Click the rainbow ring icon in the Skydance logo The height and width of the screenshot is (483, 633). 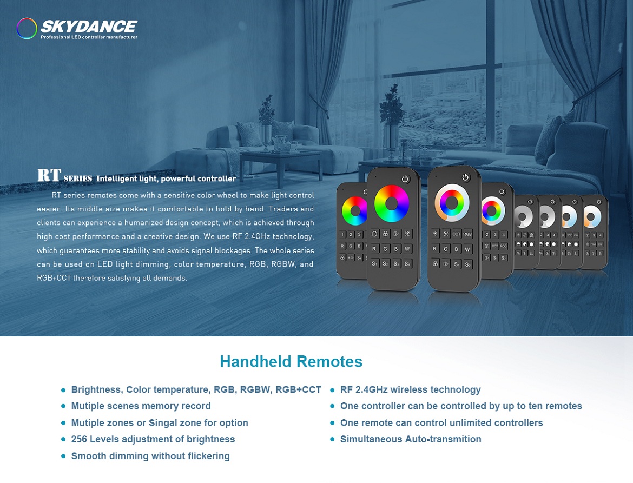coord(27,28)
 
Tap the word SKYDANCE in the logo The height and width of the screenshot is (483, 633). coord(89,27)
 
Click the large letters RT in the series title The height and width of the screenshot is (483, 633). coord(49,175)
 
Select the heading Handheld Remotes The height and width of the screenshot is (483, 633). coord(291,361)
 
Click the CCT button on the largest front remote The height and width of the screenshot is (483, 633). coord(457,234)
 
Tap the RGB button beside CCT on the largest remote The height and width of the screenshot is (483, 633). coord(467,234)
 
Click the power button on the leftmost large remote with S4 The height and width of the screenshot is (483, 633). coord(405,179)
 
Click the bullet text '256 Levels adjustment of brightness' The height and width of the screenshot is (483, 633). coord(153,439)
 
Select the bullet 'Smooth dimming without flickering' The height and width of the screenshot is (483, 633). coord(150,456)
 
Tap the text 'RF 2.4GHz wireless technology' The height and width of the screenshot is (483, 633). coord(410,389)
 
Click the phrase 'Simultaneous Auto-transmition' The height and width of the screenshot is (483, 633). coord(411,439)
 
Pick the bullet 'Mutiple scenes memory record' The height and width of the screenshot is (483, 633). coord(141,406)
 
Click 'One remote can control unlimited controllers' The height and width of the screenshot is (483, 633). coord(441,422)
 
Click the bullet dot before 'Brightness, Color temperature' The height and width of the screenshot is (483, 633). coord(63,390)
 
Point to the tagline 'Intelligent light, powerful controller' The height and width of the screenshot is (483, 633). coord(166,178)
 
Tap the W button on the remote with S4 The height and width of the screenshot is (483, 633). coord(407,249)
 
